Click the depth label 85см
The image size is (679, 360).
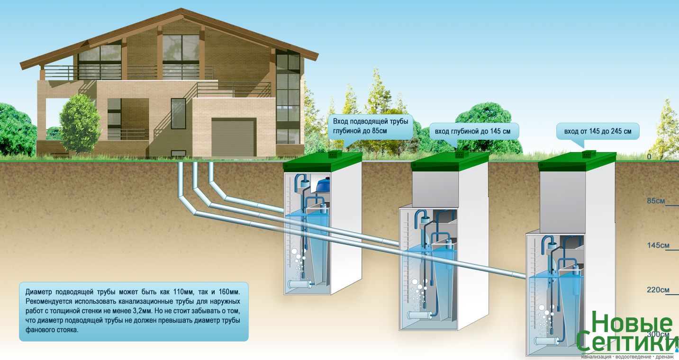pos(656,201)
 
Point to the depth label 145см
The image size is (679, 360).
pos(658,245)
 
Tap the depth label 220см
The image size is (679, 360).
pos(658,290)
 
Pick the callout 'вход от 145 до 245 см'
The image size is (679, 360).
pos(598,131)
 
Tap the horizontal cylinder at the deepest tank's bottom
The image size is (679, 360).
pos(547,339)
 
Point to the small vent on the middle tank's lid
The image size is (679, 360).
pos(459,154)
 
